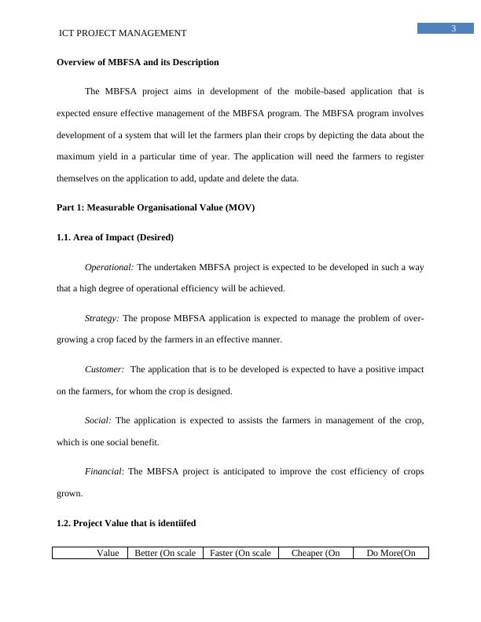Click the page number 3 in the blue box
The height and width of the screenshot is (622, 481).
453,29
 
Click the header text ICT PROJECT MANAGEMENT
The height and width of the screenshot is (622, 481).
123,33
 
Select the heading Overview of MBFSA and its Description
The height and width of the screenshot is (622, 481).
138,62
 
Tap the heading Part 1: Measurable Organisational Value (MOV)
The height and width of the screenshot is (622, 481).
156,207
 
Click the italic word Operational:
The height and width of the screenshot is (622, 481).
109,267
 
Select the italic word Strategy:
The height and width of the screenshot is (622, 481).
102,318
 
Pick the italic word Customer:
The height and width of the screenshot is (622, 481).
105,369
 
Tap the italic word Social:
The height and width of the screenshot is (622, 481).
98,420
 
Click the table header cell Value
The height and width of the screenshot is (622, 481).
108,553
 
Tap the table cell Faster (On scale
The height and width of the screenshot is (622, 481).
240,553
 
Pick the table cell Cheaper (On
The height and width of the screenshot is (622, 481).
315,553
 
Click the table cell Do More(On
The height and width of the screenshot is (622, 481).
391,553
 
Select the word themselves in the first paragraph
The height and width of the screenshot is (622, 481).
79,178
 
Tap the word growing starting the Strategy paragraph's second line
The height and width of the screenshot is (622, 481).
73,340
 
